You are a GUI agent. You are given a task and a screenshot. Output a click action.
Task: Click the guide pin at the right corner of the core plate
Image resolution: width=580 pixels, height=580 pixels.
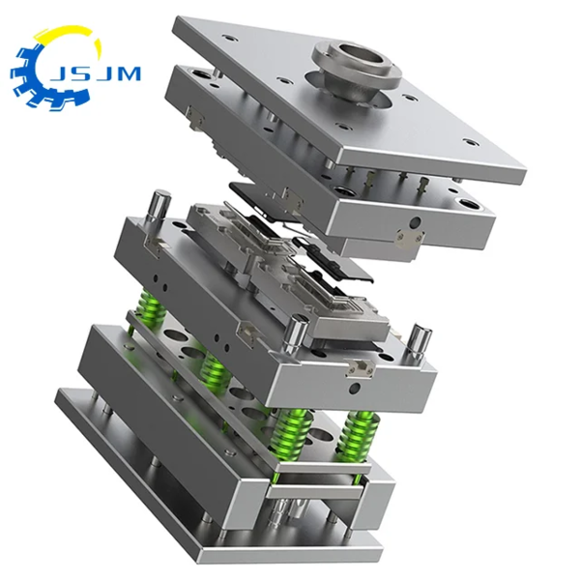(x=420, y=340)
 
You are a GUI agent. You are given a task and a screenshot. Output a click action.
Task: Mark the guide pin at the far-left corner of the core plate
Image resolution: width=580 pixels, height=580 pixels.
(x=155, y=207)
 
